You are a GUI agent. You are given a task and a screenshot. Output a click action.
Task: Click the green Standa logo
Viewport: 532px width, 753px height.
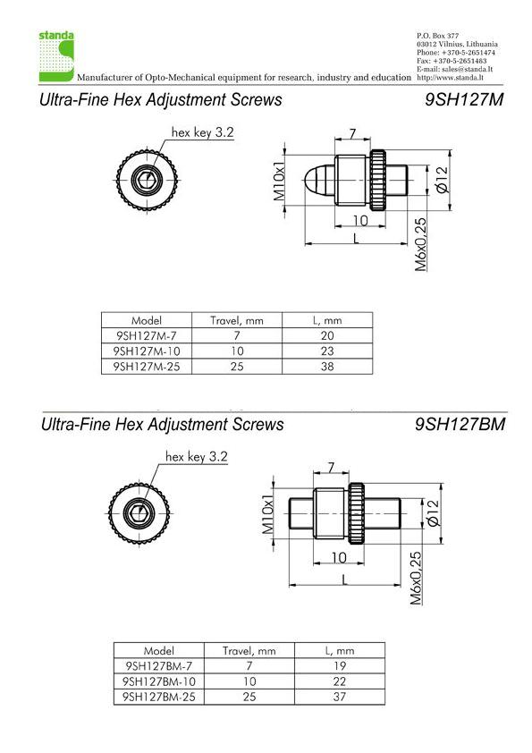(56, 56)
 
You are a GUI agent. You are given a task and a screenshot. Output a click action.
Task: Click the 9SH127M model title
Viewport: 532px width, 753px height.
(464, 99)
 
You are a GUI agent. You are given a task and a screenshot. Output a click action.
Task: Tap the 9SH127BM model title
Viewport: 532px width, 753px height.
(460, 424)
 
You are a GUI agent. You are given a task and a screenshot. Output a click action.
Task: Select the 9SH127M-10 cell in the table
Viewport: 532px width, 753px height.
(147, 351)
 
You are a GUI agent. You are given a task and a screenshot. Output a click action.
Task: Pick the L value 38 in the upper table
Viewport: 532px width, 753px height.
(327, 367)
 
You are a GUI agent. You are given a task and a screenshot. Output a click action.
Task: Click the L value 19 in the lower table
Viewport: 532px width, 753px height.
(340, 666)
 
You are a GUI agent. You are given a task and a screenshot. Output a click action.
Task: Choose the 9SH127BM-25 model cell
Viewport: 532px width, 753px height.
(159, 697)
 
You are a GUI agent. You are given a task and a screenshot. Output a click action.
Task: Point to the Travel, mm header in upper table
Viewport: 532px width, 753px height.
(237, 320)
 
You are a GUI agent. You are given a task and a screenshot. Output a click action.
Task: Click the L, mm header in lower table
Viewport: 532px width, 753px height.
(340, 651)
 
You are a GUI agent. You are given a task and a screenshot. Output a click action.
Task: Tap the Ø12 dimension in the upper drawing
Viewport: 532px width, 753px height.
(443, 180)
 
